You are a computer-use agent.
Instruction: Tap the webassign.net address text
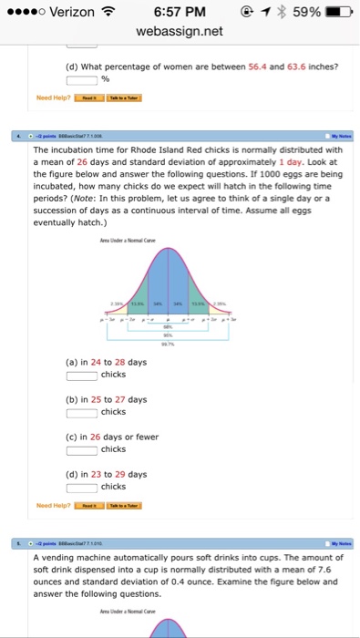pos(180,31)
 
